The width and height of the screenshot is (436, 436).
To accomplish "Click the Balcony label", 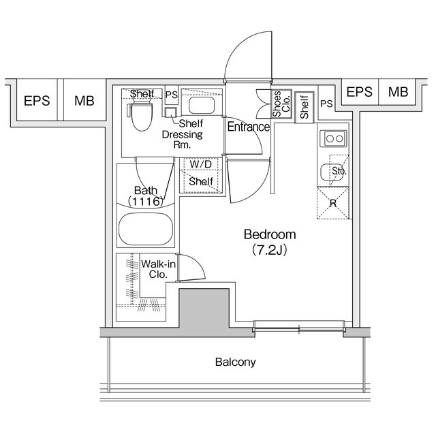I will click(235, 362).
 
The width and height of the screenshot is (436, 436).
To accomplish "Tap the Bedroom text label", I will click(270, 235).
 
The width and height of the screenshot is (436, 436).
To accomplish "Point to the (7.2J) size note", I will click(270, 249).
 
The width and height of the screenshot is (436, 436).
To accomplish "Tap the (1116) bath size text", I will click(146, 202).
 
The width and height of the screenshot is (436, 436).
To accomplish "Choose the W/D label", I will click(200, 164).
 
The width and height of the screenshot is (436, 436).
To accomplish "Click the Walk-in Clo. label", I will click(155, 270).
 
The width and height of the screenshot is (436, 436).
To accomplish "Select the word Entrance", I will click(248, 127).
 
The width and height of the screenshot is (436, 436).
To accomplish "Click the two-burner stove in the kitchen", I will click(334, 138).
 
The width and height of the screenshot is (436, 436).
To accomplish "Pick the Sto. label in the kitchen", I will click(339, 171).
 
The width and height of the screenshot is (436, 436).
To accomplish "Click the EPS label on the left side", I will click(36, 101).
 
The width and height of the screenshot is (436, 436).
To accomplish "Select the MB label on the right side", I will click(397, 92).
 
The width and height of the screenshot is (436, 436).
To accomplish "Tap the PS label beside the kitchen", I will click(326, 104).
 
